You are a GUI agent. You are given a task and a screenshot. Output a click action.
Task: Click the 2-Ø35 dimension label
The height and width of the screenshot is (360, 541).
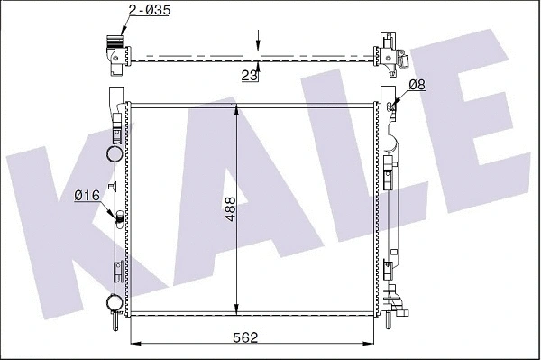tap(148, 12)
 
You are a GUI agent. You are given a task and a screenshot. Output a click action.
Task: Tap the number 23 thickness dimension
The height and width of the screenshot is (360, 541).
tap(250, 77)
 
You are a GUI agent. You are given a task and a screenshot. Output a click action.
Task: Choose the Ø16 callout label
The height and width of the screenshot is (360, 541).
tap(87, 196)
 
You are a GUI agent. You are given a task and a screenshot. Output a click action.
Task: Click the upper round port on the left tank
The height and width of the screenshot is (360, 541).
tap(115, 152)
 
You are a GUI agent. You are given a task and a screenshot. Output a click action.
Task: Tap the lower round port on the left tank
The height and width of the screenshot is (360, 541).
tap(115, 302)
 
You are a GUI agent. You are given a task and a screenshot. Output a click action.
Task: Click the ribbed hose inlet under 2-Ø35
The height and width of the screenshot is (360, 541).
tap(114, 42)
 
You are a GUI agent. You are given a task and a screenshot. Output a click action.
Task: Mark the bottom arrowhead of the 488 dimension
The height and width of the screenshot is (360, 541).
tap(236, 306)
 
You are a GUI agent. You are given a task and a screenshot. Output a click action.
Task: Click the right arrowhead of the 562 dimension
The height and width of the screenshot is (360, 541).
tap(371, 345)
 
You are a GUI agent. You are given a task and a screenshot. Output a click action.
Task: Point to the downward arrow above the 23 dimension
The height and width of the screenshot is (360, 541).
tap(259, 45)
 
